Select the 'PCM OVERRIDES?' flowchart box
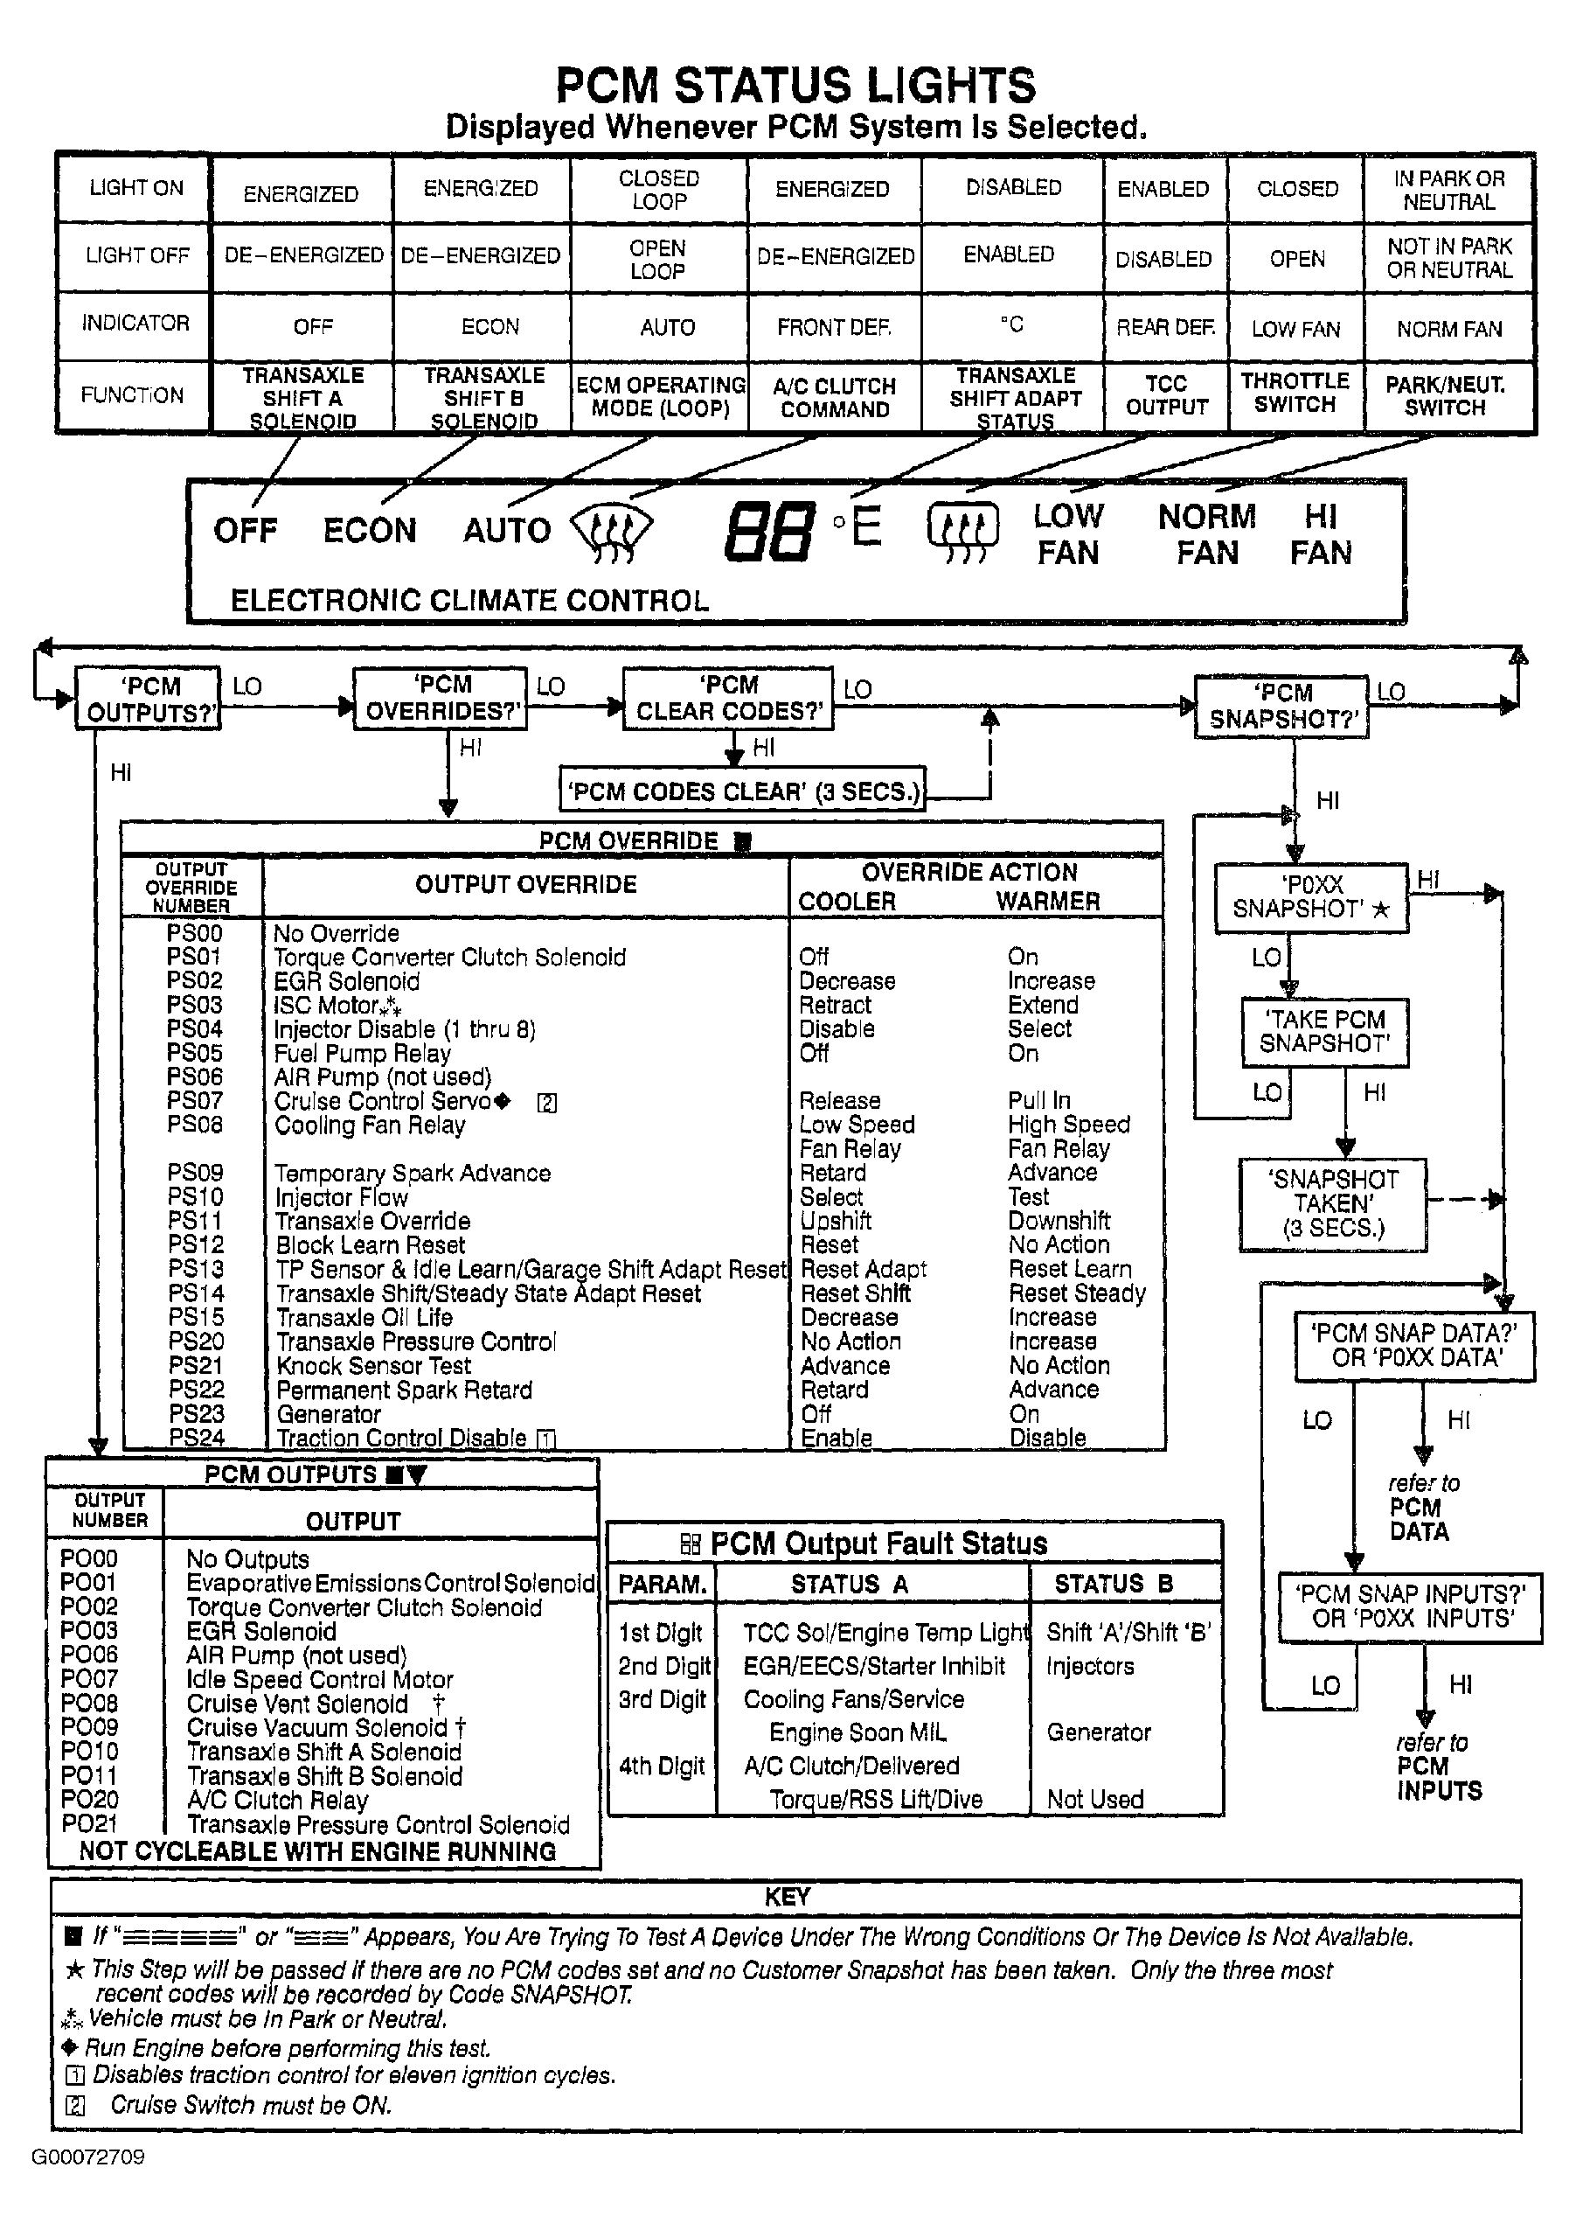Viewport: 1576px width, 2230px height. pos(440,697)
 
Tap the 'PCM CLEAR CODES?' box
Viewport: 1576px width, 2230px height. pos(728,697)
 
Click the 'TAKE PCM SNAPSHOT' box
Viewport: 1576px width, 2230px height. pos(1324,1031)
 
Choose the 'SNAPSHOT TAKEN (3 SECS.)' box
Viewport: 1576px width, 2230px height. pos(1332,1203)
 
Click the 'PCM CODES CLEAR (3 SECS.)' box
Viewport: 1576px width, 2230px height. pos(743,791)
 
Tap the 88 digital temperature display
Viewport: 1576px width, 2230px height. pos(767,533)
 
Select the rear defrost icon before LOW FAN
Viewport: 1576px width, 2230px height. pos(962,533)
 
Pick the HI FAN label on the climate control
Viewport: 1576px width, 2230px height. pos(1321,534)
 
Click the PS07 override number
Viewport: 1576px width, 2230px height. pos(194,1100)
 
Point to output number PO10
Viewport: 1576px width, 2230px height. pos(89,1751)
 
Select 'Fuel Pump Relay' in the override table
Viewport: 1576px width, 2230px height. pos(362,1053)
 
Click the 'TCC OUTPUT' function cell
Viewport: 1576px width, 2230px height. pos(1166,395)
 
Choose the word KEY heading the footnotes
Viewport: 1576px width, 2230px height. pos(787,1897)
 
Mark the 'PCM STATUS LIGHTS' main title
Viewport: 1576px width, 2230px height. pos(795,86)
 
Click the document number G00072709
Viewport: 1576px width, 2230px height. pos(88,2157)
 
